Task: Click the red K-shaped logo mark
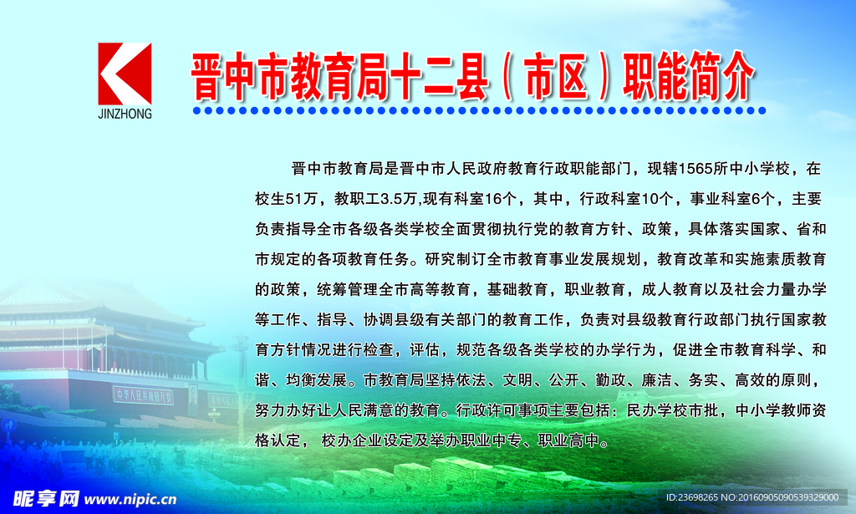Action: [x=125, y=74]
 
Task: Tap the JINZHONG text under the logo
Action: [x=125, y=114]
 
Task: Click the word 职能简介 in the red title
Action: [x=689, y=76]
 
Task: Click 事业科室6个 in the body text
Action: [x=732, y=199]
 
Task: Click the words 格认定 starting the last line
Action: [x=278, y=440]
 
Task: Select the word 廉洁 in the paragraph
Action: [x=656, y=379]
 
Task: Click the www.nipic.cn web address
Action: [x=130, y=499]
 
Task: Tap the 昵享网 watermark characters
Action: [x=46, y=499]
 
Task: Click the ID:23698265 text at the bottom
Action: [x=691, y=497]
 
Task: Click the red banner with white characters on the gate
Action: [x=143, y=395]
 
